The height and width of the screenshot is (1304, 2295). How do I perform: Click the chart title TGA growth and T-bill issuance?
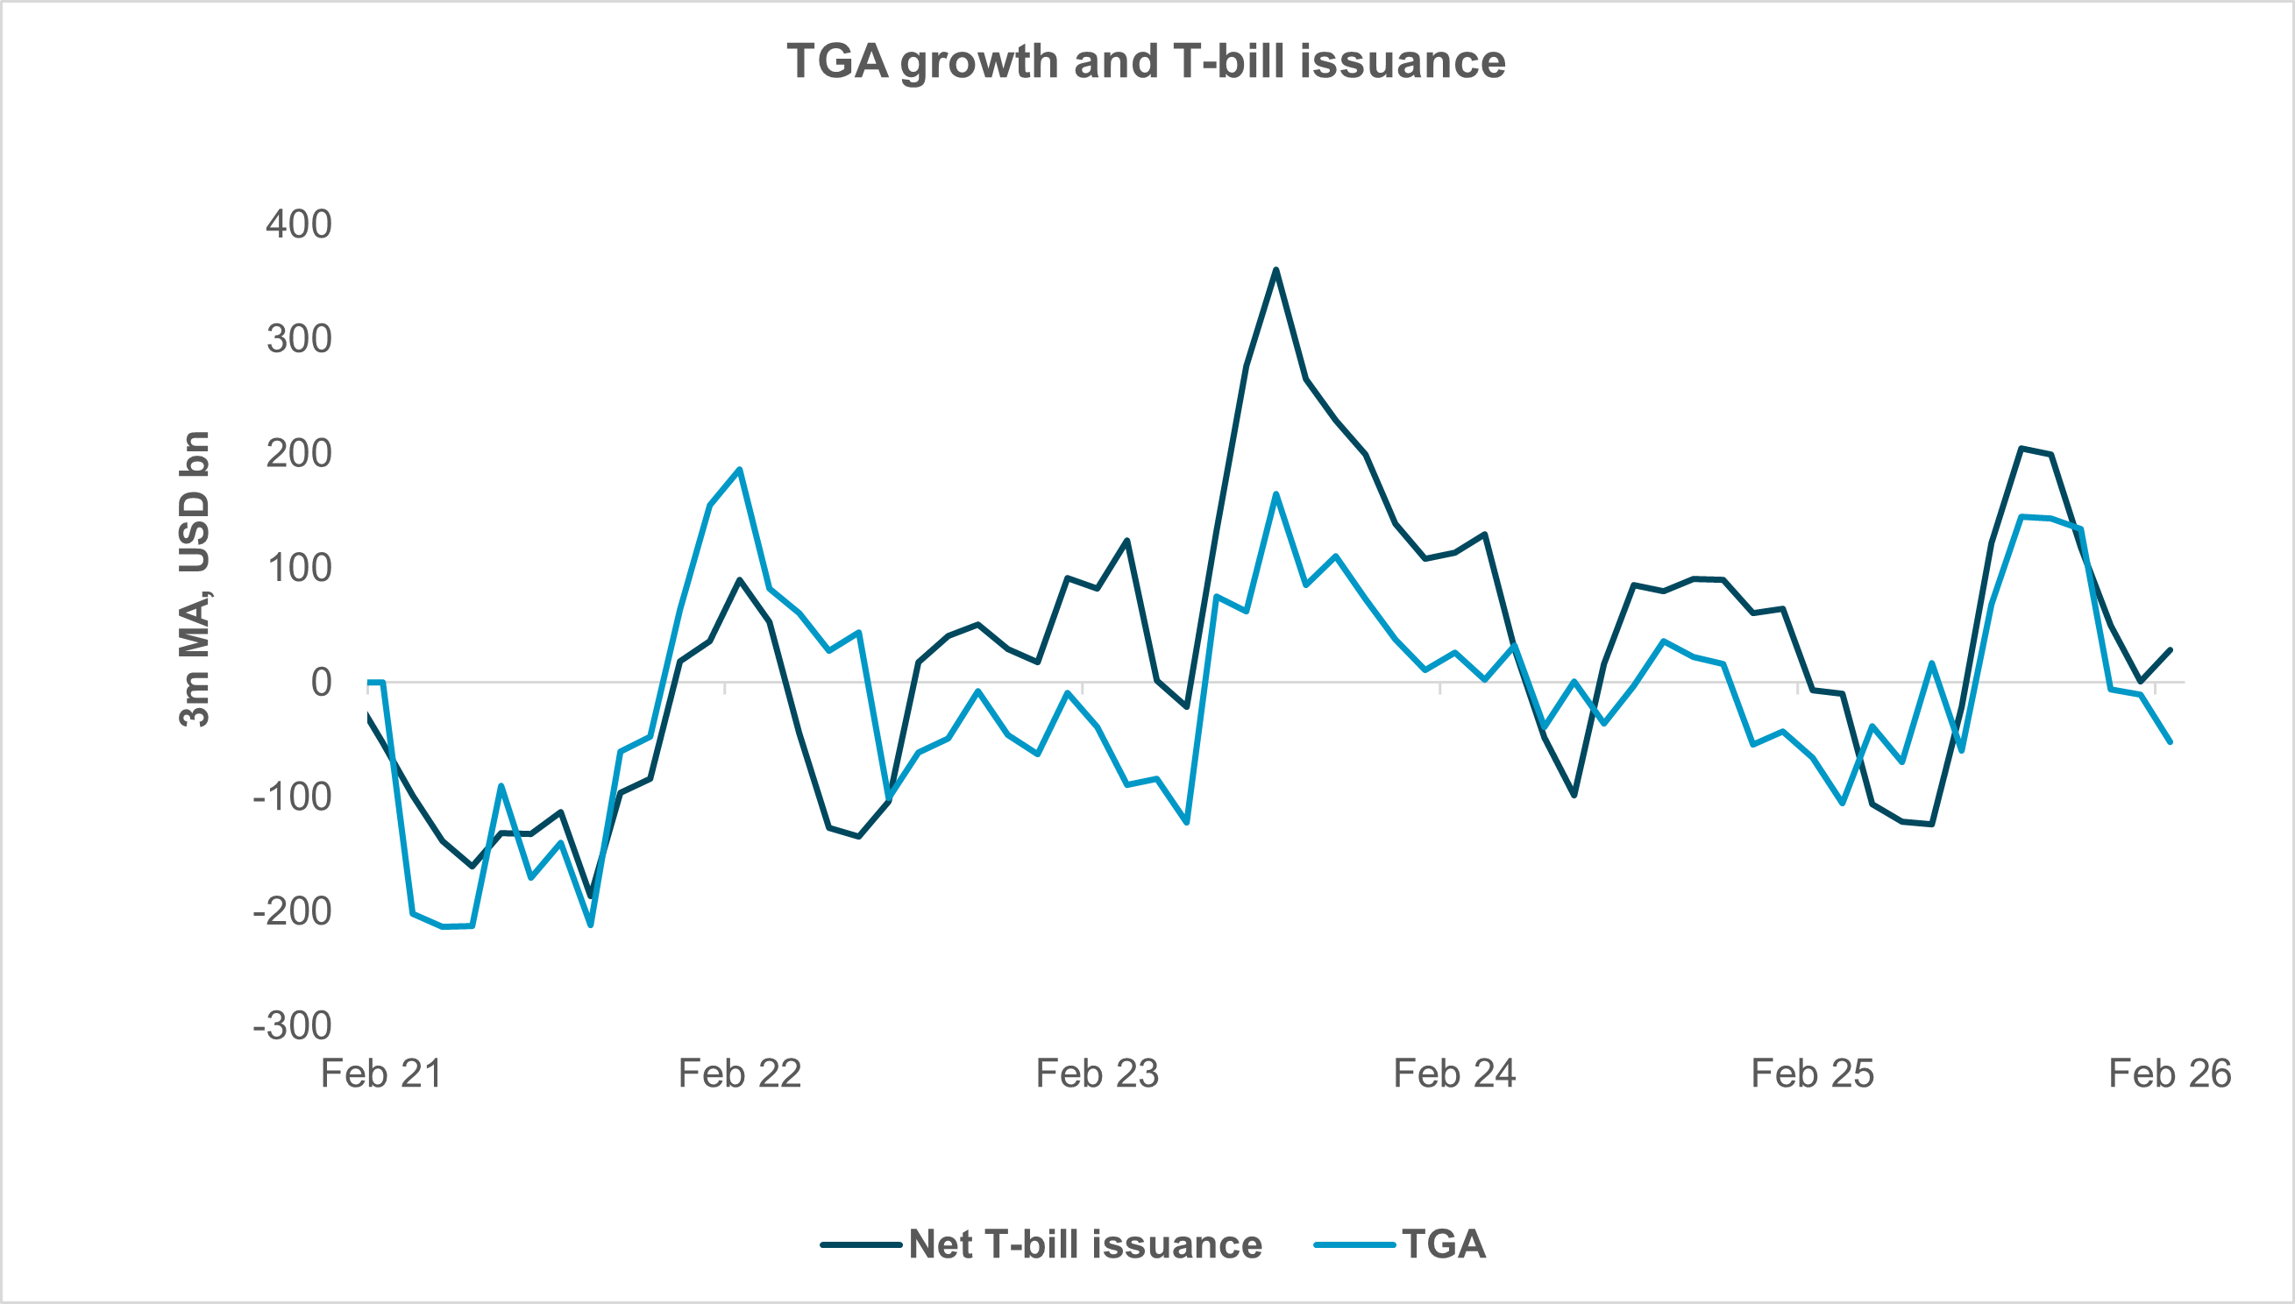(x=1147, y=62)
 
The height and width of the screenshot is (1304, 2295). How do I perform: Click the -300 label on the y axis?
(x=292, y=1025)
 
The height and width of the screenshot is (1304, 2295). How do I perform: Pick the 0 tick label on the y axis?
(x=321, y=683)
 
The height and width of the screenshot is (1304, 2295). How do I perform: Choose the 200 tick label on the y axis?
(x=298, y=453)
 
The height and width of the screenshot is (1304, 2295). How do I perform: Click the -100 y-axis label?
(x=292, y=797)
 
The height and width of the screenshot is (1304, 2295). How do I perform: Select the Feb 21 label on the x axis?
(x=381, y=1074)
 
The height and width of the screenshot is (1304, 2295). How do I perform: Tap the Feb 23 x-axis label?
(x=1097, y=1074)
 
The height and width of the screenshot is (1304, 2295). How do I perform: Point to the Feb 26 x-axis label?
(x=2170, y=1074)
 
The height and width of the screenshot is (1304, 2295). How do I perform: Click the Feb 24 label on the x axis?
(x=1453, y=1074)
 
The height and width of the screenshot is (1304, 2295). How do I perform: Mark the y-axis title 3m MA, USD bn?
(x=195, y=578)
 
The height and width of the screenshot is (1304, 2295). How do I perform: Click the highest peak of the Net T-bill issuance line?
(x=1275, y=270)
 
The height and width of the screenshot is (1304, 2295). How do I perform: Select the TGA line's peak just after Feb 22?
(x=739, y=470)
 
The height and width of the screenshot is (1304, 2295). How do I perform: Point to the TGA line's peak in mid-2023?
(x=1275, y=494)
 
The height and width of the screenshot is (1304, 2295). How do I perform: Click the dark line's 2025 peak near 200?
(x=2021, y=448)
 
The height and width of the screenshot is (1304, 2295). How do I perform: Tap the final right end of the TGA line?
(x=2170, y=741)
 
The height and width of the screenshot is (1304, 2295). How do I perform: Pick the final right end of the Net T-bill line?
(x=2170, y=650)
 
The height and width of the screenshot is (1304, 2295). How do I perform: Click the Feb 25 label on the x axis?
(x=1812, y=1074)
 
